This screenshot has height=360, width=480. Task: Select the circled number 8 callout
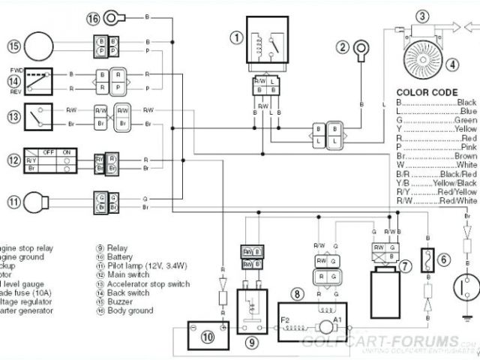pyautogui.click(x=298, y=293)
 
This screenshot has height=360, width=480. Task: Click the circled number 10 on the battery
pyautogui.click(x=207, y=316)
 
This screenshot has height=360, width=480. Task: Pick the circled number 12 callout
pyautogui.click(x=13, y=160)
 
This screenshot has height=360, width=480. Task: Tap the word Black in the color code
pyautogui.click(x=466, y=102)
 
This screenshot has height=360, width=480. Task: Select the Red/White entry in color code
pyautogui.click(x=459, y=201)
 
